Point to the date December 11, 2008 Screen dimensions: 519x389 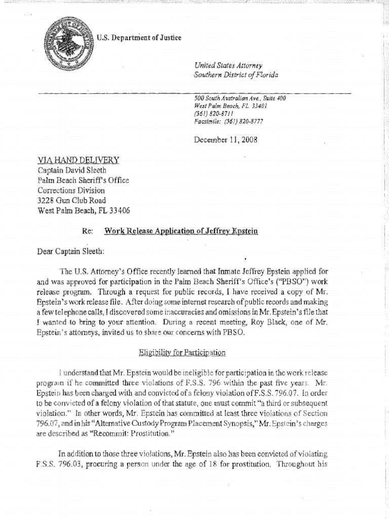point(226,139)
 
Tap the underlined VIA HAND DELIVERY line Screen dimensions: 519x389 point(79,160)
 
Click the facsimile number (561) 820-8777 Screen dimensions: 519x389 point(246,122)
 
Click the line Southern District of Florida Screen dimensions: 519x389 point(236,75)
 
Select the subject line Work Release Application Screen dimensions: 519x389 point(181,231)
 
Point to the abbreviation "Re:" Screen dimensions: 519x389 point(87,231)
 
